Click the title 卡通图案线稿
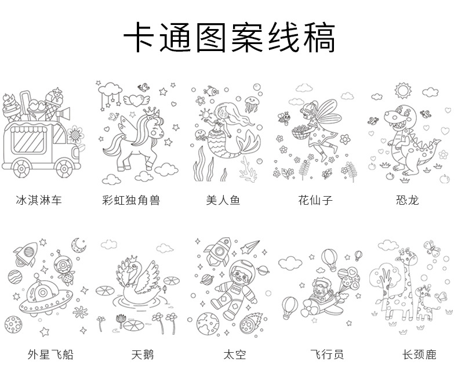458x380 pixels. click(229, 39)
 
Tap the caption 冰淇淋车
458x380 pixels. click(38, 201)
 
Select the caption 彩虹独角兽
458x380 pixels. click(130, 201)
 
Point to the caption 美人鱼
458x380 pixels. click(223, 201)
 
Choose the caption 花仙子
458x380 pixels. click(315, 201)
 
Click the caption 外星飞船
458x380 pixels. click(50, 354)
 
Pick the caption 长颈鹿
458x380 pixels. click(419, 354)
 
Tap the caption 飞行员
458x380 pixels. click(327, 354)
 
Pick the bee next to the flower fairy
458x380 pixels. click(285, 117)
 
